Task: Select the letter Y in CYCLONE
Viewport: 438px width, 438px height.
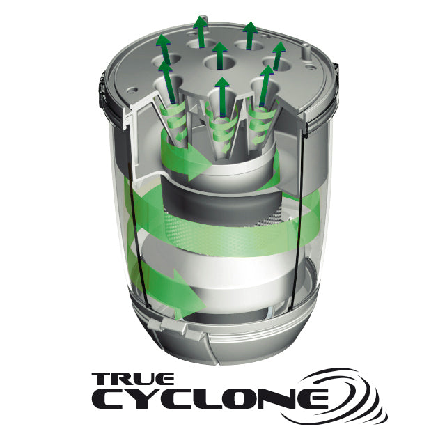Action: click(x=139, y=400)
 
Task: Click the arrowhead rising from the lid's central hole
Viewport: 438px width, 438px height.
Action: click(x=220, y=50)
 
